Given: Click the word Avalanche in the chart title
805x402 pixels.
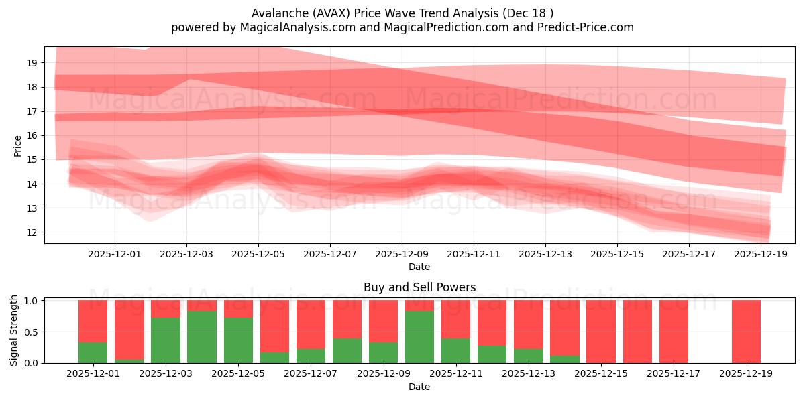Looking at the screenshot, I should (x=276, y=13).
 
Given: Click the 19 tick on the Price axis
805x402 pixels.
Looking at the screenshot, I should (x=32, y=63).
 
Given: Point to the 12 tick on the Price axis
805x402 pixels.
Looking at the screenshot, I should (x=32, y=232).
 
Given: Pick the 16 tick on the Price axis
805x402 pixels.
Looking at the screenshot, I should (x=32, y=135).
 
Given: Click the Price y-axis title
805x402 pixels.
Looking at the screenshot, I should (x=17, y=145).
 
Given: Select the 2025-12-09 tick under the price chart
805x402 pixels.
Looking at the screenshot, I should (x=402, y=254).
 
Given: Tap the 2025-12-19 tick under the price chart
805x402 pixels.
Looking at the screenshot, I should (x=761, y=254).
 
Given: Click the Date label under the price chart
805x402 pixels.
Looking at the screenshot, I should (x=419, y=267).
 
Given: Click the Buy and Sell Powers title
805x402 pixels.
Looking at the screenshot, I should (x=419, y=287).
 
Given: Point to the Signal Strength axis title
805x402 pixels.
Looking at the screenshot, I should (x=15, y=330).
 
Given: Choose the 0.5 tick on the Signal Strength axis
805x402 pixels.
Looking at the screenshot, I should (x=32, y=332).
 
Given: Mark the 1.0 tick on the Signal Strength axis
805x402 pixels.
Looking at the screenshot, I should (x=32, y=301).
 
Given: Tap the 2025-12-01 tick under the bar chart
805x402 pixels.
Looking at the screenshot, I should (x=93, y=373).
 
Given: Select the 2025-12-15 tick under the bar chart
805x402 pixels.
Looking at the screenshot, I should (x=601, y=373).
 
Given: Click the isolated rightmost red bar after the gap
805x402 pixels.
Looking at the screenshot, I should (x=746, y=332).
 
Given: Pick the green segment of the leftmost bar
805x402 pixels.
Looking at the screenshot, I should (x=93, y=352).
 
